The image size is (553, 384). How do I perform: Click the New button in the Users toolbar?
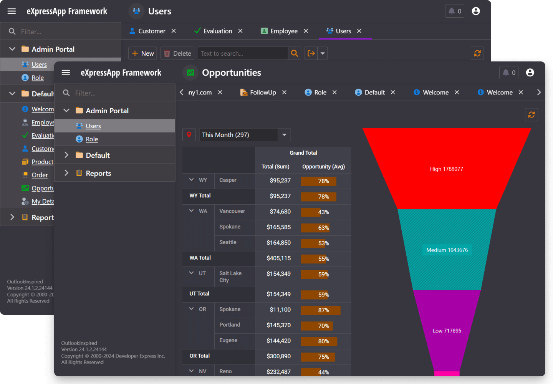[x=142, y=53]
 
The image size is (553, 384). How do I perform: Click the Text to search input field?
[x=243, y=53]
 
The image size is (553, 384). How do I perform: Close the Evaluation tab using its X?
[x=240, y=31]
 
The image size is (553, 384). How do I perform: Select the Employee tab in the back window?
[x=283, y=31]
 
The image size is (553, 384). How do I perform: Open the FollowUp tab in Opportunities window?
[x=263, y=93]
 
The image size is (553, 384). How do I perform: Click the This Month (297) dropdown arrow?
[x=284, y=135]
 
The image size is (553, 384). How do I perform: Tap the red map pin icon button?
[x=189, y=135]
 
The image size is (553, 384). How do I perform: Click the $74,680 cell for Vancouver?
[x=280, y=212]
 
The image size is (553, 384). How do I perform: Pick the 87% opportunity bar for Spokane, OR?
[x=321, y=310]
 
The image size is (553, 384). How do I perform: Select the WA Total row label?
[x=200, y=258]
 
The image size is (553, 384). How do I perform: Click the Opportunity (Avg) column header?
[x=323, y=167]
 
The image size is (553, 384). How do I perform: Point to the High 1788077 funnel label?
[x=446, y=169]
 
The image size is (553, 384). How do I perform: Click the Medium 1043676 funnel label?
[x=447, y=250]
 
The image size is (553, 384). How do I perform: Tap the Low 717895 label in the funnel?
[x=447, y=331]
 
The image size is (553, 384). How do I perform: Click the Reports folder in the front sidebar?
[x=98, y=174]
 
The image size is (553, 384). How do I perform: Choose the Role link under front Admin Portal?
[x=92, y=139]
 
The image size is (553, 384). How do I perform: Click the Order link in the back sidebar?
[x=40, y=175]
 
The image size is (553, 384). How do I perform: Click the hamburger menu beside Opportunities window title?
[x=66, y=73]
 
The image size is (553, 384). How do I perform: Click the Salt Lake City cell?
[x=230, y=277]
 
